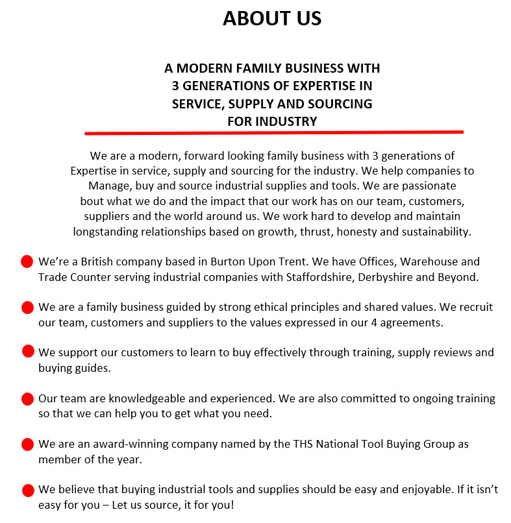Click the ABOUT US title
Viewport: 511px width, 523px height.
click(x=272, y=19)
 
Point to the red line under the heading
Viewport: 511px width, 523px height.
click(x=273, y=132)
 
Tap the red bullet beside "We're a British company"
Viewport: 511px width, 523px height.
click(x=27, y=262)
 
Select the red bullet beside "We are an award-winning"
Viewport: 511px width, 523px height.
click(x=27, y=444)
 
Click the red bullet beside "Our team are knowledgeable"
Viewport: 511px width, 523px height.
click(x=27, y=398)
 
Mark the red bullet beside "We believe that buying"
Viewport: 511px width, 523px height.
click(x=27, y=490)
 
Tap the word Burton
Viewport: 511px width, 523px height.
click(x=231, y=262)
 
